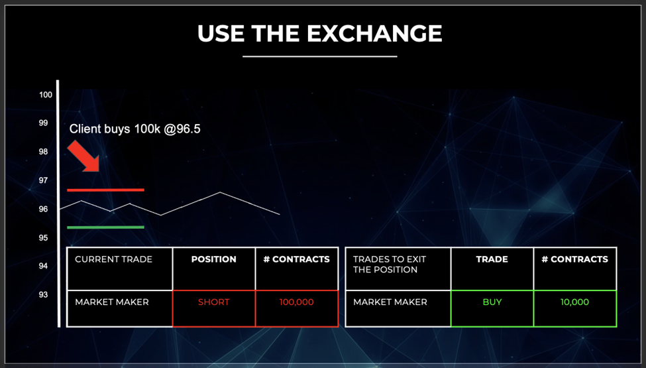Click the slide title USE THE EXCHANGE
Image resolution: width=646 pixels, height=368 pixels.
point(320,33)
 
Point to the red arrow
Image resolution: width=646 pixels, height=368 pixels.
point(83,156)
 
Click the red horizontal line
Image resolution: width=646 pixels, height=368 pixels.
point(105,190)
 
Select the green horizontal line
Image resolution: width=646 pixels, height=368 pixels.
point(105,227)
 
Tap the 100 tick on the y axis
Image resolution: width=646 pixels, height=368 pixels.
point(46,95)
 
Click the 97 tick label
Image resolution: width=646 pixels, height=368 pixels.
point(43,180)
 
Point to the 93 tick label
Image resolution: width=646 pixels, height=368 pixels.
point(43,294)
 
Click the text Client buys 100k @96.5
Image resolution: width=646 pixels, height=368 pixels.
point(135,129)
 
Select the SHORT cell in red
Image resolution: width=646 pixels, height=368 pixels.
point(214,309)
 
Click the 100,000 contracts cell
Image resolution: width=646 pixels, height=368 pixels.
point(297,309)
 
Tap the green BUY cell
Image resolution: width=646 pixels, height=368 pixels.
point(492,309)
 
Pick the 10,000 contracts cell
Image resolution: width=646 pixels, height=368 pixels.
point(574,309)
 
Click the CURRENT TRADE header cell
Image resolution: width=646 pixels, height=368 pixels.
point(119,269)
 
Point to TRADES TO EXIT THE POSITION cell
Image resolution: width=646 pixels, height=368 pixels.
point(398,269)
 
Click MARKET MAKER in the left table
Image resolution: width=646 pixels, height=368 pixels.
point(112,302)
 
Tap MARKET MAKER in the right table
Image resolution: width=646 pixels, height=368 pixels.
point(390,302)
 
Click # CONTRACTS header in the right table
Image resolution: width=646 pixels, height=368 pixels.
point(574,259)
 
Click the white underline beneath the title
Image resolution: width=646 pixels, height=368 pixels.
point(320,56)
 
